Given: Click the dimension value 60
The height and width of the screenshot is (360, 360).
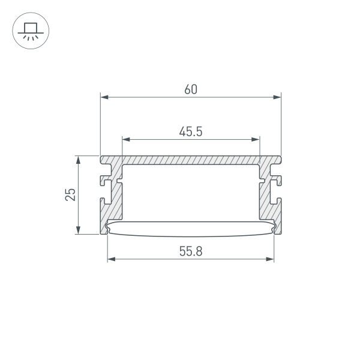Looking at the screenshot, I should click(x=190, y=89).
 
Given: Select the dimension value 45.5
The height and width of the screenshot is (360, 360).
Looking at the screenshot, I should click(x=190, y=131).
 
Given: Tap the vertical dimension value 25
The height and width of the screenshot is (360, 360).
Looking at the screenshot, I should click(x=71, y=194).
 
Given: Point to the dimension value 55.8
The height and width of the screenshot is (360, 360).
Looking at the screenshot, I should click(x=190, y=253).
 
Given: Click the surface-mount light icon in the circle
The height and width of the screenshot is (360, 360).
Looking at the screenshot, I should click(x=31, y=31).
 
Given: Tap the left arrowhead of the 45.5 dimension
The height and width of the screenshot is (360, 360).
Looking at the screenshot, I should click(x=125, y=139).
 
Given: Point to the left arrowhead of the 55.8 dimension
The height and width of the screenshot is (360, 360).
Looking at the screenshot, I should click(x=110, y=260).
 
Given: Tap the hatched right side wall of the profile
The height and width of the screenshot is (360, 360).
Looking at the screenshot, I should click(x=267, y=204).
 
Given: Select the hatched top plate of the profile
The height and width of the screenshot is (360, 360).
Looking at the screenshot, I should click(x=190, y=161).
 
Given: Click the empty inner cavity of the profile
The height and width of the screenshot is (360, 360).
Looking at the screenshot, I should click(x=190, y=192).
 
